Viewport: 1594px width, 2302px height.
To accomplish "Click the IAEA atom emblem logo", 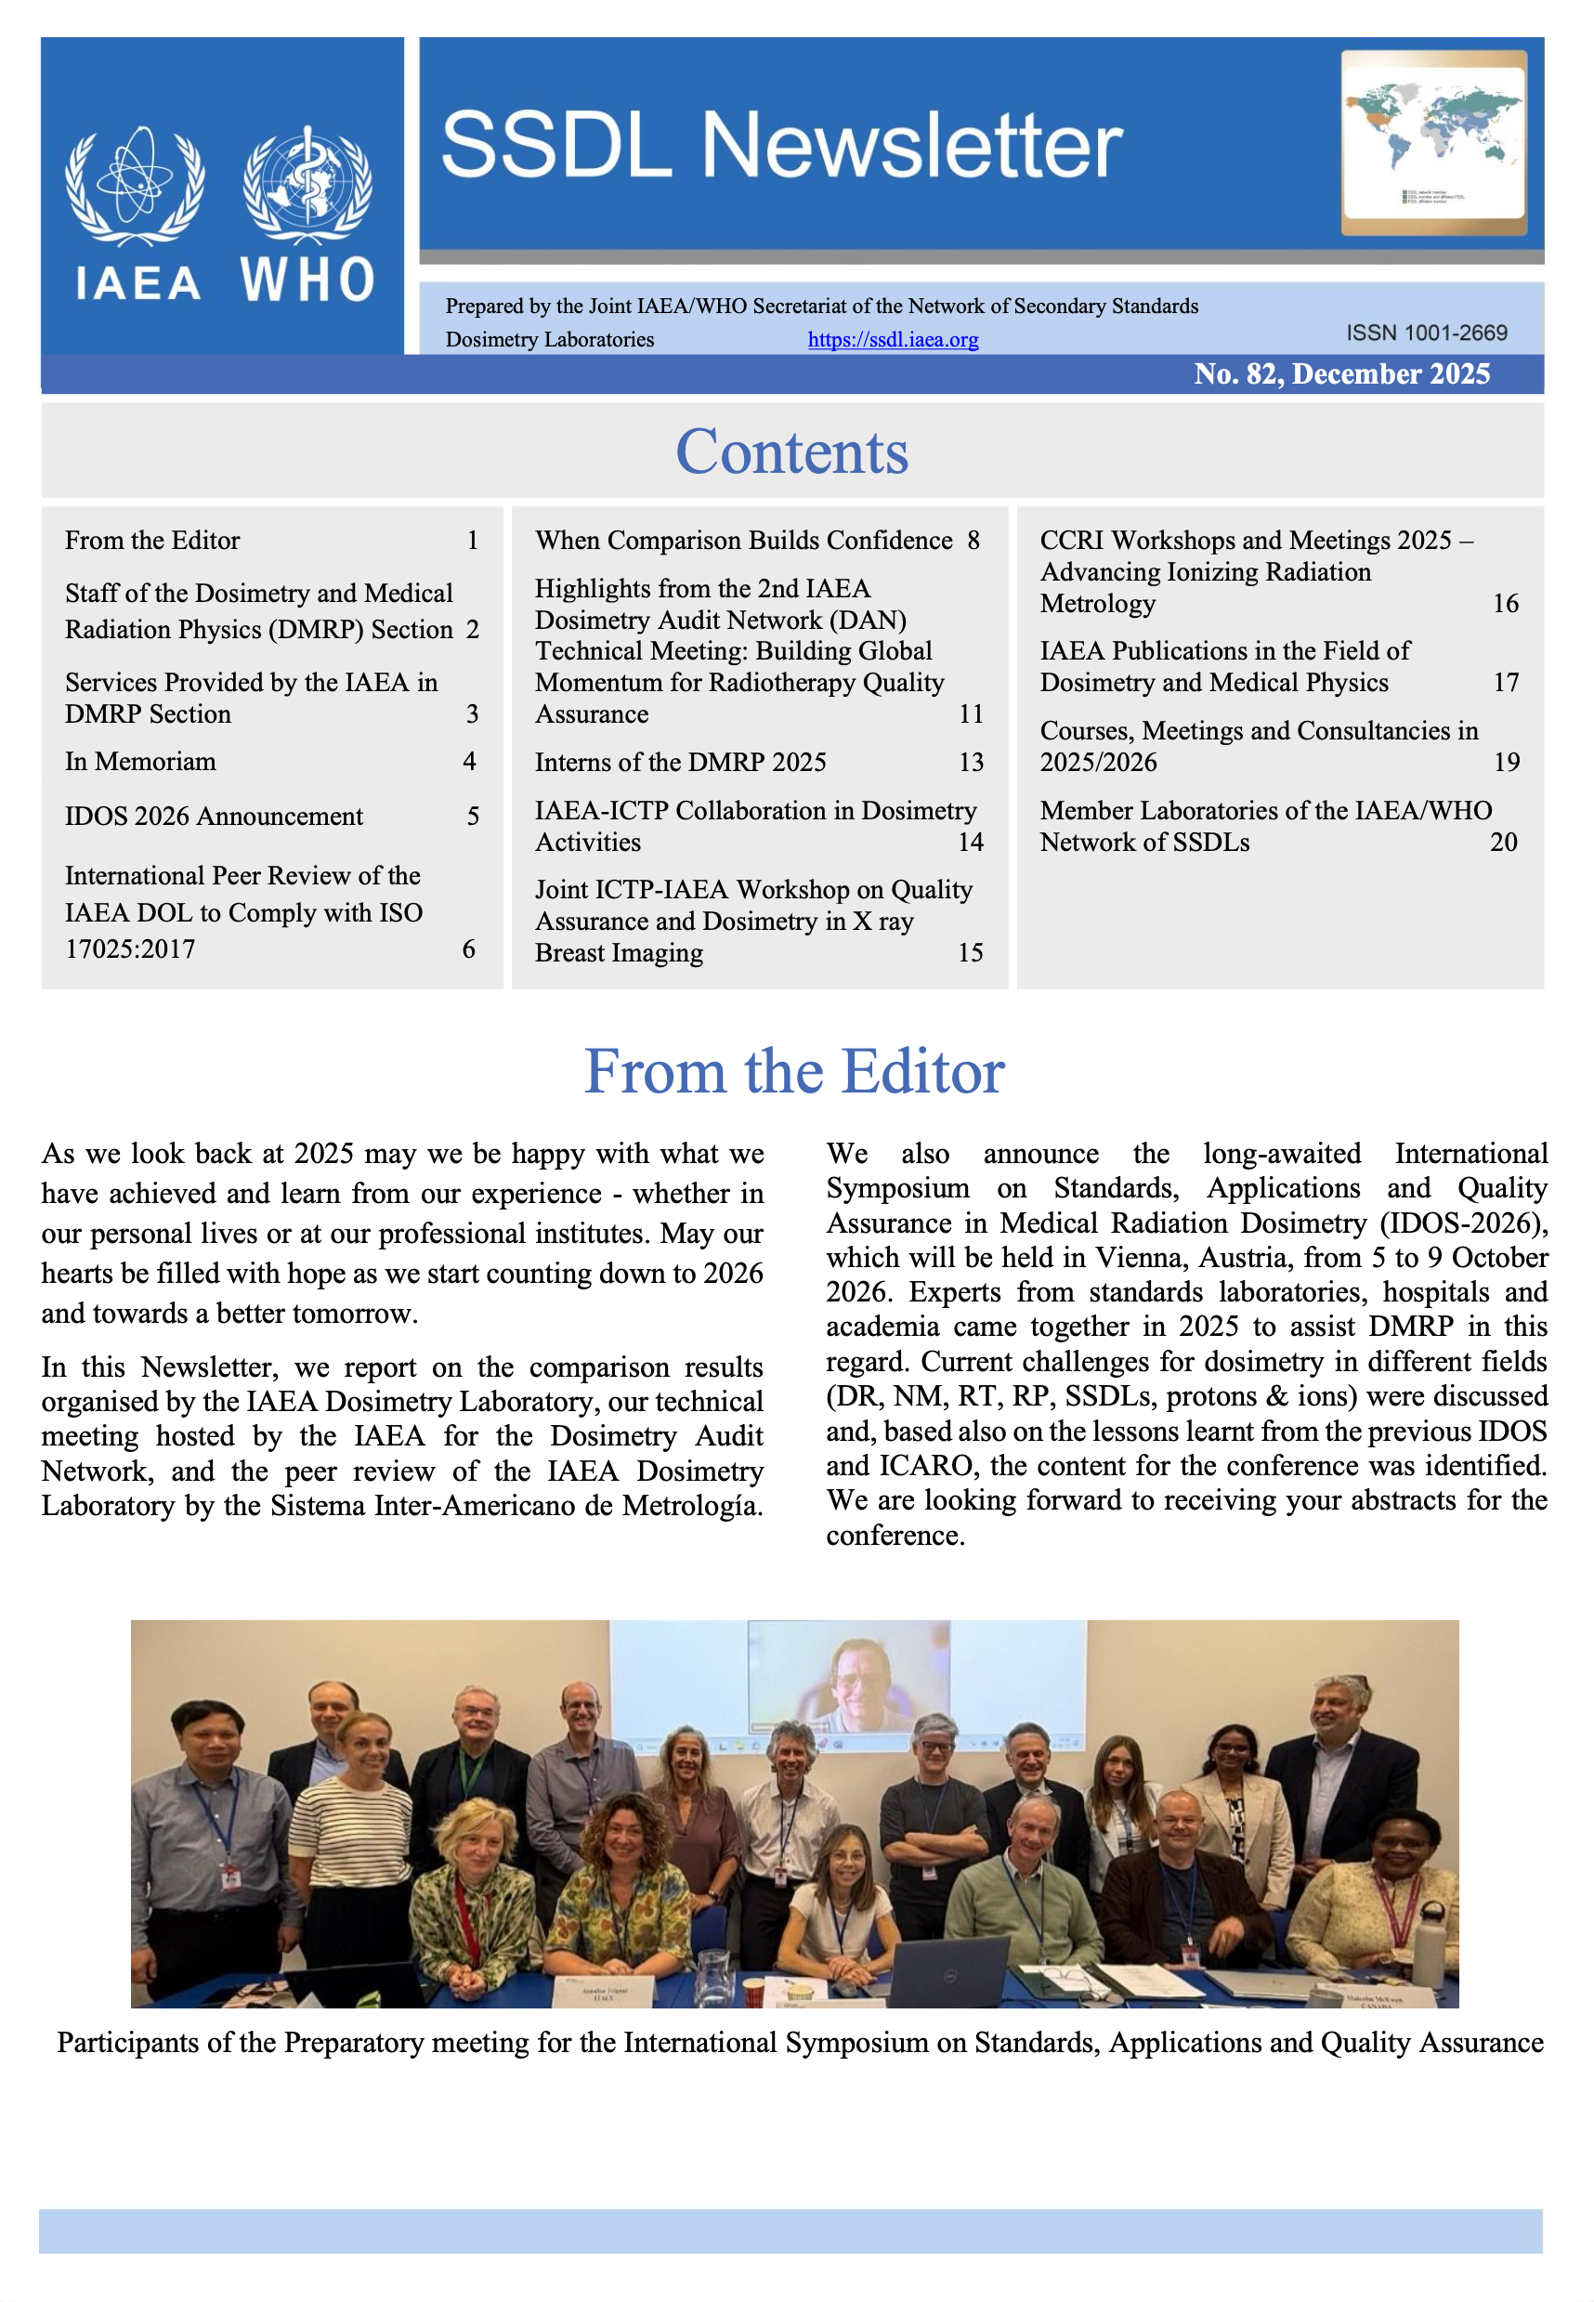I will (x=135, y=187).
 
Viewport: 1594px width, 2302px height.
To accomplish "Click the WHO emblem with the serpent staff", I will (x=307, y=187).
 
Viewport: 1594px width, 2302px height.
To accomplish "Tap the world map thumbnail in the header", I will (x=1433, y=142).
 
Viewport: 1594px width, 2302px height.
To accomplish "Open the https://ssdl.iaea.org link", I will (x=892, y=340).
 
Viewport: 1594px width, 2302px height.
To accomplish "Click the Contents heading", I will (x=792, y=451).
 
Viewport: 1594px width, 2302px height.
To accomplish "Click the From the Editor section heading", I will (x=794, y=1072).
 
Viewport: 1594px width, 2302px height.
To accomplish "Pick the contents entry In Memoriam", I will (x=141, y=762).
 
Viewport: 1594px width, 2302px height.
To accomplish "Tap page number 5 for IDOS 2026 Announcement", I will (x=474, y=817).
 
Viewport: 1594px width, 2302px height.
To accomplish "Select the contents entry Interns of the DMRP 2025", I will (x=680, y=762).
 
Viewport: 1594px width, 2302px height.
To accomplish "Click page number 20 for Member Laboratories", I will (x=1503, y=842).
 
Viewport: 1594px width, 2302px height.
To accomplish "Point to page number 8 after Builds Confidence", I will (x=973, y=541).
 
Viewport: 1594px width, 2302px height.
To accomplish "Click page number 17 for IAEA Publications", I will (x=1505, y=682).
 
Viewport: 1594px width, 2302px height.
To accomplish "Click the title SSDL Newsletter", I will (x=782, y=146).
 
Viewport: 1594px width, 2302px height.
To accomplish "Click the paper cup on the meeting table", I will (x=752, y=1991).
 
